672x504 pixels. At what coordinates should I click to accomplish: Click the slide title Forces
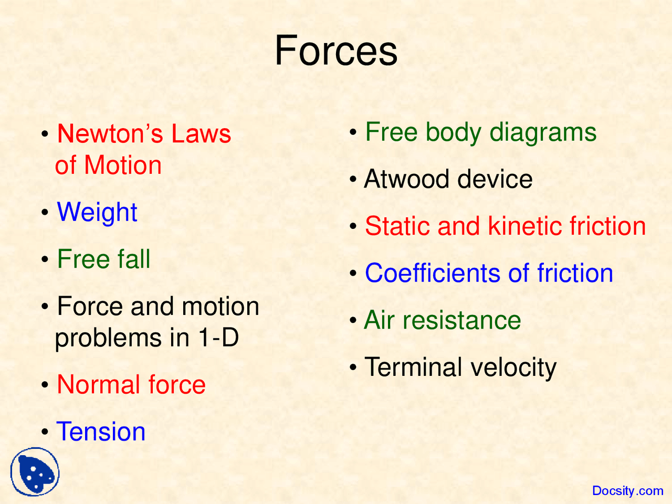point(336,51)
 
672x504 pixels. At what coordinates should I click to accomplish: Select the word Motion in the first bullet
point(122,165)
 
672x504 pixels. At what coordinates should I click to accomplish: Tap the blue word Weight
point(97,212)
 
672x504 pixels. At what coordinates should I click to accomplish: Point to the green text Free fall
point(103,259)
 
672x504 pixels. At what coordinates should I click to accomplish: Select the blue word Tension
point(101,432)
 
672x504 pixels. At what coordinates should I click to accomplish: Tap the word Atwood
point(406,179)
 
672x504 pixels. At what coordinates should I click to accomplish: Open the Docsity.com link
point(627,491)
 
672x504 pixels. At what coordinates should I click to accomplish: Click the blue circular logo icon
point(35,472)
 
